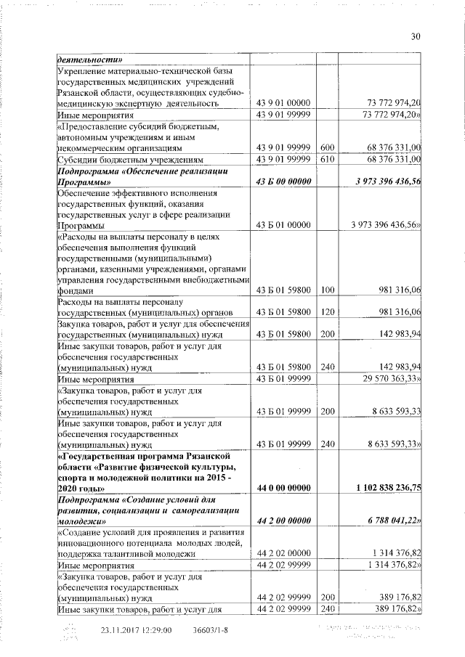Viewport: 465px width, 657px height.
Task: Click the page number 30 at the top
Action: click(416, 37)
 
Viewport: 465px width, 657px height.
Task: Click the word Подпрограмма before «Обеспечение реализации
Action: click(91, 172)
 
